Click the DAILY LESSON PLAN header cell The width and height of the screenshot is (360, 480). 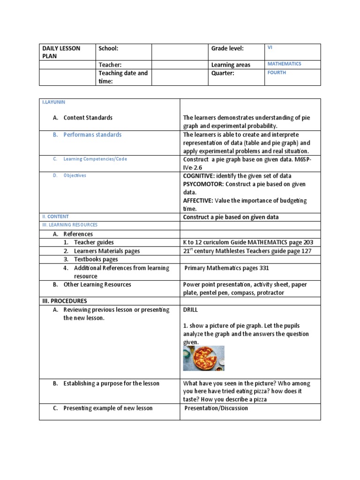pos(61,52)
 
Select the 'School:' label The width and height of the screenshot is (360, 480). pos(108,48)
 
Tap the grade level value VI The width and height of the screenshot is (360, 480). pos(270,47)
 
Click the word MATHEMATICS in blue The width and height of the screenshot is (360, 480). pos(284,64)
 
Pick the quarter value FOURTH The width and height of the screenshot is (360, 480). pos(277,73)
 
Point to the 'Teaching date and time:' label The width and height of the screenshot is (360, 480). pos(123,77)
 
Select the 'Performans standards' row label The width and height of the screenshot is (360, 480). pos(92,135)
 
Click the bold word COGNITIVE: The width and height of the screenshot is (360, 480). pos(198,175)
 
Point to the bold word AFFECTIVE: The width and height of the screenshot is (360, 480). pos(198,201)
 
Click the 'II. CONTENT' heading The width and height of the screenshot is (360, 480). pos(55,217)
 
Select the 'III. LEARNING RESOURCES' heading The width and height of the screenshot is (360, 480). pos(70,225)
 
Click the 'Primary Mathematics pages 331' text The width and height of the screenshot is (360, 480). pos(227,268)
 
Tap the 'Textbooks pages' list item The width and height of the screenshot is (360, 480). pos(96,259)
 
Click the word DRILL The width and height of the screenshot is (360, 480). pos(191,310)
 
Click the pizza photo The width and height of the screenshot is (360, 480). pos(203,358)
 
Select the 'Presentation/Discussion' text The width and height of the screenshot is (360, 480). pos(216,408)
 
